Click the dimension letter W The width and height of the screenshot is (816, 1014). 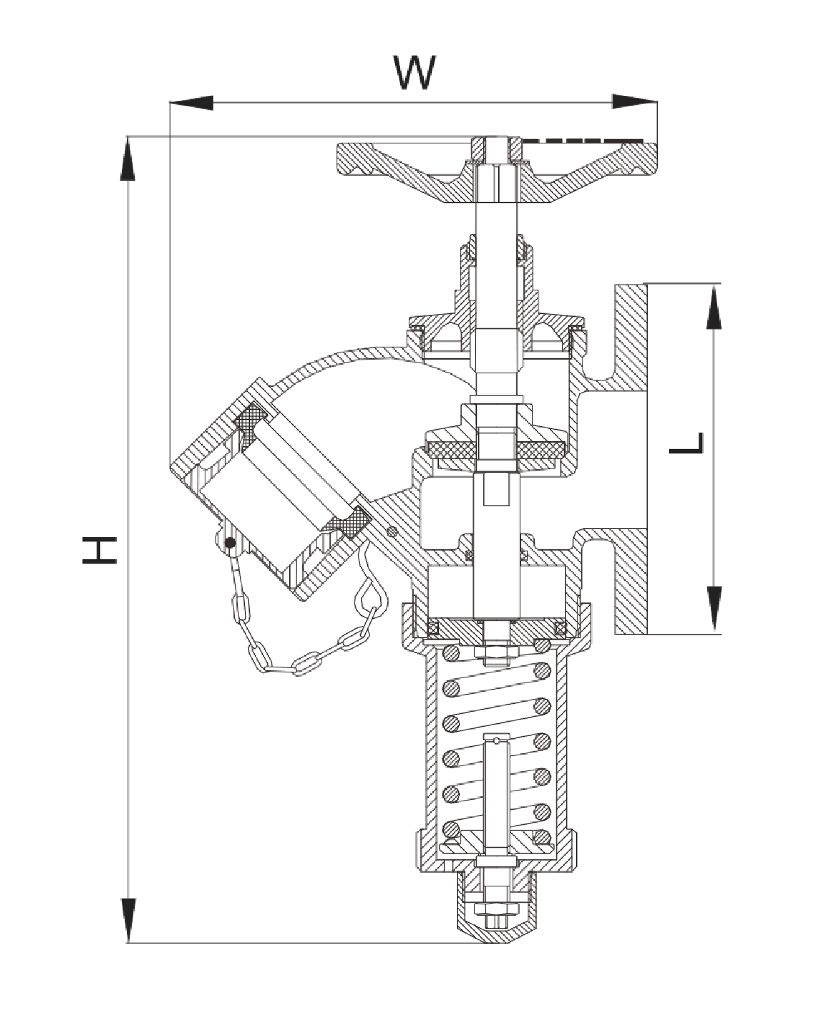(x=415, y=73)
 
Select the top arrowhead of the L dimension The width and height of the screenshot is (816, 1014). (x=713, y=306)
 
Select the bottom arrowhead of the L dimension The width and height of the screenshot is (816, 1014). (x=713, y=610)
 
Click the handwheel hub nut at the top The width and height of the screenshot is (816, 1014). (x=497, y=148)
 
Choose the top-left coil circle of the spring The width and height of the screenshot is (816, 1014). (x=451, y=654)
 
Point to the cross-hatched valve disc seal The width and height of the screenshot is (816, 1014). (x=497, y=450)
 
